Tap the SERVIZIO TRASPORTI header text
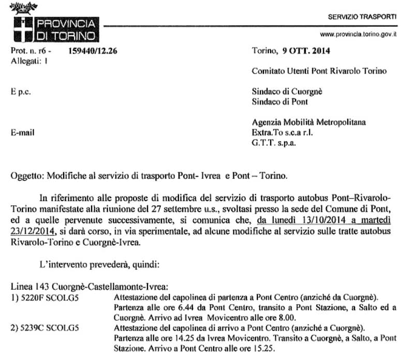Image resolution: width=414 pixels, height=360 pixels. click(x=362, y=17)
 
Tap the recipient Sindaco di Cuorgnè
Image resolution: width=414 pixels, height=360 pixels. click(x=287, y=92)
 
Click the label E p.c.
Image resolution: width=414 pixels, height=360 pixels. click(x=20, y=92)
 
